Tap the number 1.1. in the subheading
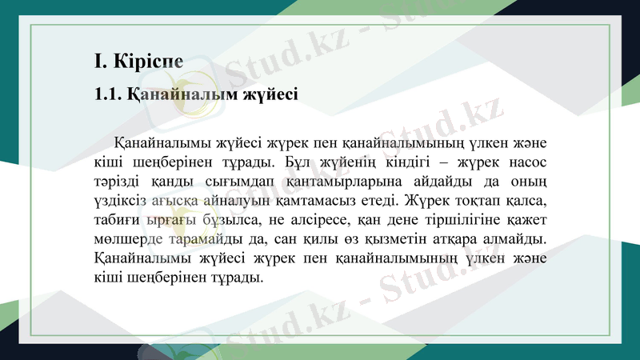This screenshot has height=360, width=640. pos(106,94)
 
